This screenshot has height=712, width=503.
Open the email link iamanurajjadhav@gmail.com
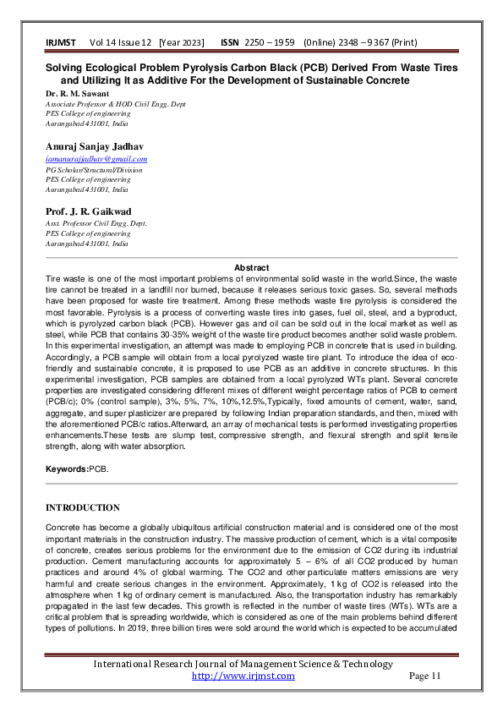tap(96, 159)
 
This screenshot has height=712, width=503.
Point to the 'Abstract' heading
tap(251, 267)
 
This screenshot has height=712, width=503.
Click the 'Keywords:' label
tap(67, 468)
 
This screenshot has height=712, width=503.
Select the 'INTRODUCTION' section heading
tap(82, 507)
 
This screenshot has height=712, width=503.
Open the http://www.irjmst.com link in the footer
tap(243, 676)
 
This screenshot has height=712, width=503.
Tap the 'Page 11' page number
tap(425, 676)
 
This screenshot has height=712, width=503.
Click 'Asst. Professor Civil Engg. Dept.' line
tap(96, 223)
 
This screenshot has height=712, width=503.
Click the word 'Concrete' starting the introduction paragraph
tap(65, 527)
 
